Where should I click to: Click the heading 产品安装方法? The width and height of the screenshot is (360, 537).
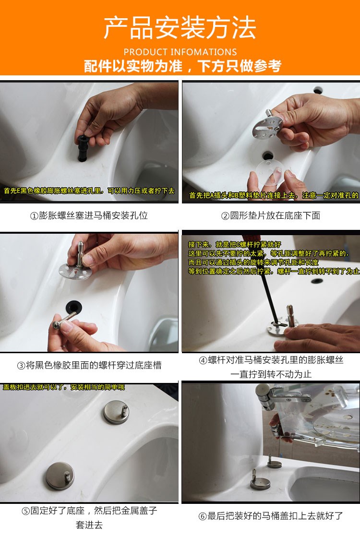click(180, 28)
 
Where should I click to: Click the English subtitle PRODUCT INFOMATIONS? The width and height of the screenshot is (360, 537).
click(180, 52)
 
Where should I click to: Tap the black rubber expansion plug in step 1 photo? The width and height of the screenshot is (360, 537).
click(83, 148)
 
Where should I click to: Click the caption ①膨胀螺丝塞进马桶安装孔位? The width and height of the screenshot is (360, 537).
click(89, 215)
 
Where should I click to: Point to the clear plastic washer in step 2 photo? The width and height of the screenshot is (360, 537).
click(270, 171)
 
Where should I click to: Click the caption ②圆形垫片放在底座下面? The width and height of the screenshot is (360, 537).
click(271, 215)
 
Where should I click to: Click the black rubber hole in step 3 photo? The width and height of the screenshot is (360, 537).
click(73, 307)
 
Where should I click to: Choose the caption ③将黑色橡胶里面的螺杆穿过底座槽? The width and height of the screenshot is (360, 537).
click(89, 365)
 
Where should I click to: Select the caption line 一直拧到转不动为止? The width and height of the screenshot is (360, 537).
click(271, 374)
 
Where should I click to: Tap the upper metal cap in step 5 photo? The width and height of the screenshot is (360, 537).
click(117, 412)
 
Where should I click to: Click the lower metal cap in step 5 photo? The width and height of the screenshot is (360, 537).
click(60, 476)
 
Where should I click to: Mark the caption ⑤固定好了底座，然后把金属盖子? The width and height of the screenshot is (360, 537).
click(89, 511)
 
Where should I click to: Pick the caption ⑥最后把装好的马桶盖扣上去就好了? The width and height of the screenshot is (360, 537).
click(271, 516)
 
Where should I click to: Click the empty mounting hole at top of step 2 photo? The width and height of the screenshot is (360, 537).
click(318, 90)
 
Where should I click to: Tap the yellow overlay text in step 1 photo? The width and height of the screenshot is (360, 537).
click(89, 191)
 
